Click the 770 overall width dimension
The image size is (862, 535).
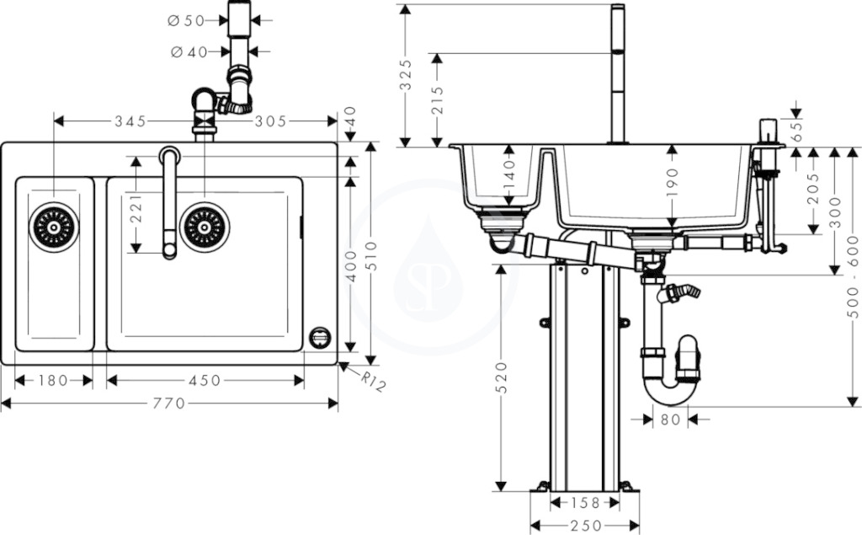coord(168,404)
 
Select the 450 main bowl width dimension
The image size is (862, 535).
coord(205,380)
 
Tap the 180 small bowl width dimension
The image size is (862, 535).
coord(53,380)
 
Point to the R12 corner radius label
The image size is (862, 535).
coord(372,382)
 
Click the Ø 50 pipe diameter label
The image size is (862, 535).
coord(186,21)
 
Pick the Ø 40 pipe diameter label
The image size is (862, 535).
coord(189,52)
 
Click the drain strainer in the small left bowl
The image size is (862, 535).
coord(54,227)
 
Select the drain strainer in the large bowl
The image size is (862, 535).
coord(205,227)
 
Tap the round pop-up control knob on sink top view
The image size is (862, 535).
coord(319,337)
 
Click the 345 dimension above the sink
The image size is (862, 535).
coord(130,121)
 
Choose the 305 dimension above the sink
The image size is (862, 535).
coord(270,121)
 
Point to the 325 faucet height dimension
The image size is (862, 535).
coord(405,74)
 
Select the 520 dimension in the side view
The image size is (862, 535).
coord(501,377)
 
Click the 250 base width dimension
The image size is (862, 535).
coord(585,527)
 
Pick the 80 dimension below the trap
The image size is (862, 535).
coord(670,420)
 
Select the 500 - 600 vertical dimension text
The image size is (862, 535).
coord(853,276)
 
